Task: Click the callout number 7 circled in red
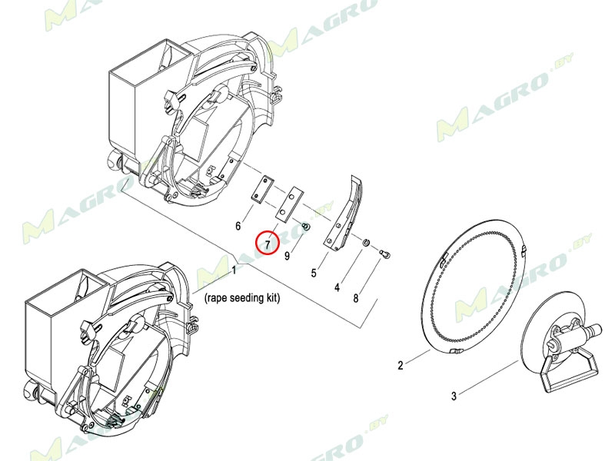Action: pos(268,245)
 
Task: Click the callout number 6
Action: pos(238,226)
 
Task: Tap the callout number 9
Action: pos(287,256)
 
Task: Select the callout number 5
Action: pos(314,273)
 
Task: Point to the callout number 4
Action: pos(337,287)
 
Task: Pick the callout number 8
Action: pos(356,298)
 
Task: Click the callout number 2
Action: pos(400,366)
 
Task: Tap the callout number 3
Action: pos(454,396)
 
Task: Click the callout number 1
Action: pos(234,270)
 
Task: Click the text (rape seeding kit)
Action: pos(242,298)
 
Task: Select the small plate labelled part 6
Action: pos(262,189)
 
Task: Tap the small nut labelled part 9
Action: pos(306,227)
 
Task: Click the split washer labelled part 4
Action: pos(366,243)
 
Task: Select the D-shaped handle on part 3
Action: pos(569,369)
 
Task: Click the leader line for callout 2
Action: pos(417,357)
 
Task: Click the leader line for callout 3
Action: pos(490,376)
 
